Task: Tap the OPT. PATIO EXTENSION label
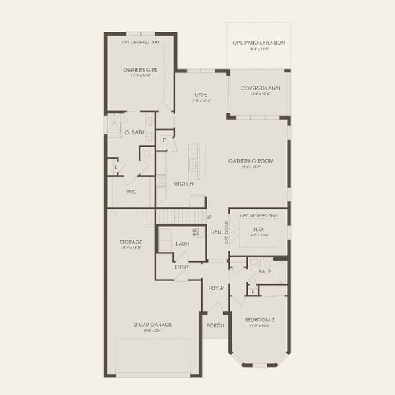[x=259, y=43]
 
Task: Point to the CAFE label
[x=201, y=94]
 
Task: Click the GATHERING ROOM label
[x=251, y=161]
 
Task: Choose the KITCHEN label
[x=183, y=184]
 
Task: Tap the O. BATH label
[x=134, y=132]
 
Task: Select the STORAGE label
[x=131, y=242]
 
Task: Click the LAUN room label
[x=182, y=244]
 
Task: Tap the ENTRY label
[x=182, y=267]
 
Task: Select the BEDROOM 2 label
[x=259, y=320]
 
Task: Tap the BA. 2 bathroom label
[x=265, y=271]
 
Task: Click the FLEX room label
[x=259, y=230]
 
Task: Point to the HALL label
[x=216, y=232]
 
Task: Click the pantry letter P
[x=164, y=140]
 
